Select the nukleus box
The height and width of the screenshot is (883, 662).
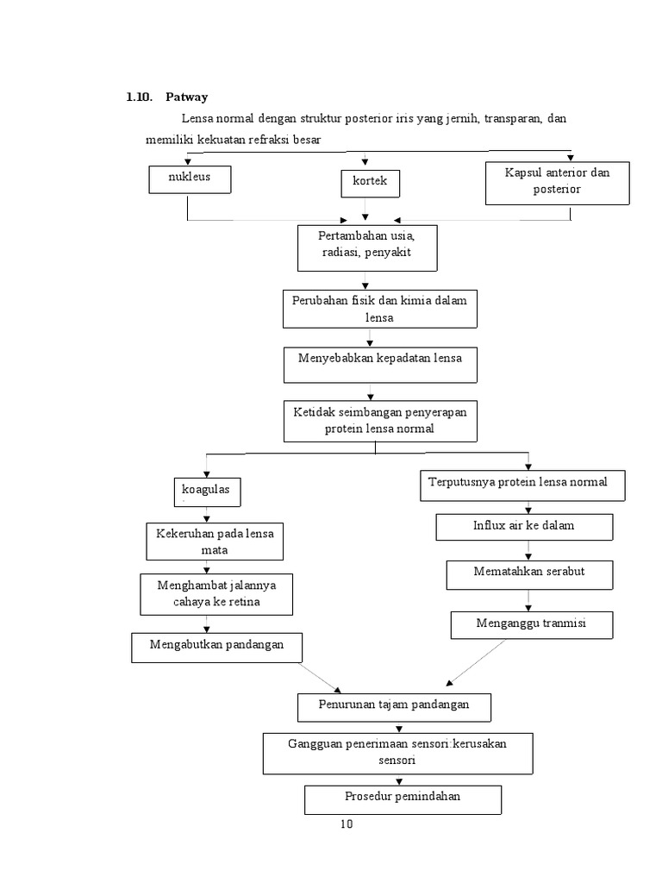coord(190,179)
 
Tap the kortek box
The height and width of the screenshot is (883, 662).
coord(370,183)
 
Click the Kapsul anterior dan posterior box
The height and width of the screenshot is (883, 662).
coord(557,183)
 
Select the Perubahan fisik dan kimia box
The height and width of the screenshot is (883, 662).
coord(379,309)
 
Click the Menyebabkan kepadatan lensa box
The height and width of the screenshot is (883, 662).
coord(379,365)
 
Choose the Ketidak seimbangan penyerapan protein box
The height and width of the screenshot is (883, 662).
coord(379,421)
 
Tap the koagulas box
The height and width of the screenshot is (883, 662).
coord(206,492)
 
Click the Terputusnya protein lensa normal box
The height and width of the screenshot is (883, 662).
coord(522,485)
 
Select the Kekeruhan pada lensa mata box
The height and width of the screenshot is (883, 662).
coord(215,542)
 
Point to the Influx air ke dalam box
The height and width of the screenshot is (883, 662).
coord(524,526)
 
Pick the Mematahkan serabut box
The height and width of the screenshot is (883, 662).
coord(530,573)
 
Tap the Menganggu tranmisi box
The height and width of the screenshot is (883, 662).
coord(531,624)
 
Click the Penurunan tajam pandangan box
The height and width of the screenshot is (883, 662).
coord(395,706)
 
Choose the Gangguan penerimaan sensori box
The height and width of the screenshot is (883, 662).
coord(397,753)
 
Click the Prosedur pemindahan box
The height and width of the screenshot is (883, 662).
coord(403,798)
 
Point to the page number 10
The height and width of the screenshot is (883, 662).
coord(346,824)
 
